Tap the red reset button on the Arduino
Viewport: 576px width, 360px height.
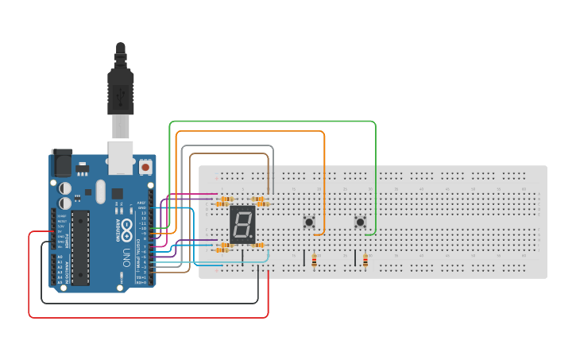145,167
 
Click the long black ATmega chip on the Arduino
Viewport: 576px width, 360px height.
80,247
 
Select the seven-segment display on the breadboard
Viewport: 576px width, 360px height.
242,224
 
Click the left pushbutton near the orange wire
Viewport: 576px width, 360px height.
309,222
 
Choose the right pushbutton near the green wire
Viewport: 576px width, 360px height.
360,223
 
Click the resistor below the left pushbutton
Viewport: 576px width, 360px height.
315,260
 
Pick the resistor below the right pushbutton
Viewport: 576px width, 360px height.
365,261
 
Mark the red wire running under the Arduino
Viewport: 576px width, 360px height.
151,318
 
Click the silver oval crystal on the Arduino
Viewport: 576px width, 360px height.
100,191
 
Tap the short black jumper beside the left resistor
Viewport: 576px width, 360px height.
303,257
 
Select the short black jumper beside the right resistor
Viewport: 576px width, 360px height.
354,257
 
